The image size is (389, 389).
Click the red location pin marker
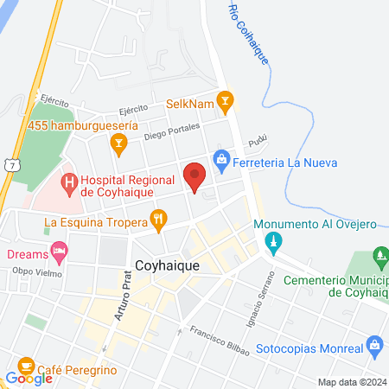click(194, 176)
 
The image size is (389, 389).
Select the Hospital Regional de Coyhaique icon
click(69, 182)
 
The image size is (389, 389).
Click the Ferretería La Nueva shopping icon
click(221, 160)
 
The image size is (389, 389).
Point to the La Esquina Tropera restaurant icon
click(157, 221)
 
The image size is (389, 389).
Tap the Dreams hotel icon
click(59, 252)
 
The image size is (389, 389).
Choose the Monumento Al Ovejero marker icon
click(274, 241)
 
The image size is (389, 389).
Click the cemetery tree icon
click(379, 257)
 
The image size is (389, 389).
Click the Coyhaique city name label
click(167, 266)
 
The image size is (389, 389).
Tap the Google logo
click(29, 378)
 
